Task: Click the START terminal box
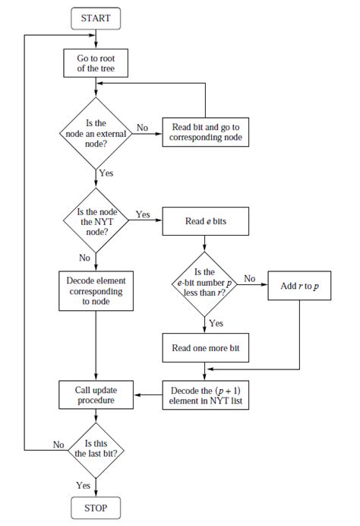pyautogui.click(x=96, y=17)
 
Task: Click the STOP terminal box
pyautogui.click(x=96, y=508)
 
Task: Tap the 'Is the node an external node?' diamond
pyautogui.click(x=96, y=133)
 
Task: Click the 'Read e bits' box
pyautogui.click(x=205, y=222)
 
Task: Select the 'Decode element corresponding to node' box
pyautogui.click(x=96, y=290)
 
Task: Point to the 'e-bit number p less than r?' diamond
pyautogui.click(x=205, y=285)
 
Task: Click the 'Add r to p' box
pyautogui.click(x=299, y=286)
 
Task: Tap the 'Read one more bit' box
pyautogui.click(x=205, y=347)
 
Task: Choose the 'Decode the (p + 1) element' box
pyautogui.click(x=205, y=395)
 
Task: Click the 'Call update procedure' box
pyautogui.click(x=96, y=395)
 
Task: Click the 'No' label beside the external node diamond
pyautogui.click(x=142, y=127)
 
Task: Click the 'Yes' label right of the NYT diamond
pyautogui.click(x=143, y=214)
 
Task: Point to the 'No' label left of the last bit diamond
pyautogui.click(x=58, y=444)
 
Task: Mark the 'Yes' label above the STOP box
pyautogui.click(x=84, y=484)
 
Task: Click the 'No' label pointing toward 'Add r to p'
pyautogui.click(x=250, y=279)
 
